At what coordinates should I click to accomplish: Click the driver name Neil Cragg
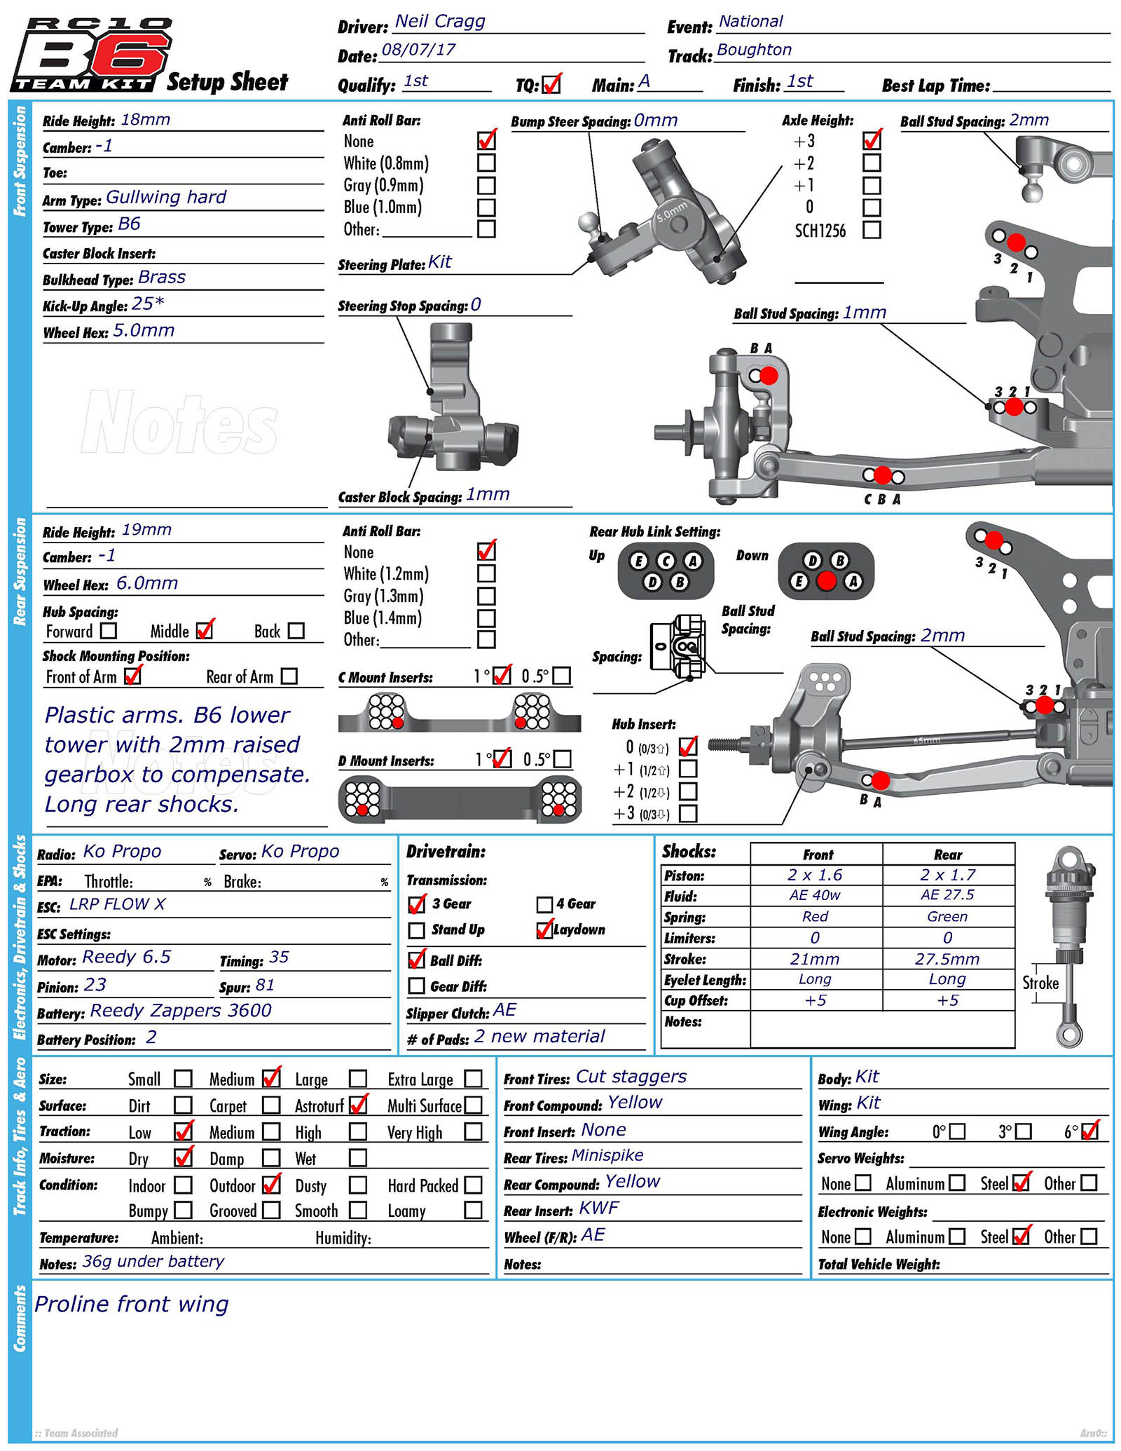pyautogui.click(x=440, y=22)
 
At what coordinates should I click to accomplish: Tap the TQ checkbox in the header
pyautogui.click(x=551, y=85)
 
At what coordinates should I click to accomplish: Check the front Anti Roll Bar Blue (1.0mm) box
pyautogui.click(x=486, y=207)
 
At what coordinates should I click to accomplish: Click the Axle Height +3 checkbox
pyautogui.click(x=872, y=141)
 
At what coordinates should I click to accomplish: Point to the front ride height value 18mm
pyautogui.click(x=146, y=120)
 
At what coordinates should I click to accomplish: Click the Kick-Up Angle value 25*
pyautogui.click(x=148, y=304)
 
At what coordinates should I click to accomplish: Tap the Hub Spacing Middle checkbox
pyautogui.click(x=205, y=631)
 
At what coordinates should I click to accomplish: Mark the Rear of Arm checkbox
pyautogui.click(x=289, y=676)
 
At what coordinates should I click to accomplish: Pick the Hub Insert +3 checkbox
pyautogui.click(x=688, y=814)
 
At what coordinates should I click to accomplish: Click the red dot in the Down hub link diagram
pyautogui.click(x=826, y=581)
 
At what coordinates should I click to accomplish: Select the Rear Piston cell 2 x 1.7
pyautogui.click(x=948, y=875)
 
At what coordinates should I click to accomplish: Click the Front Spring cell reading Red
pyautogui.click(x=815, y=916)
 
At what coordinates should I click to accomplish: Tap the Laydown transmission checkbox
pyautogui.click(x=544, y=930)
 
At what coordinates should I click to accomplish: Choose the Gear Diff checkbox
pyautogui.click(x=417, y=986)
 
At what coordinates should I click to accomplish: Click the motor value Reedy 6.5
pyautogui.click(x=126, y=958)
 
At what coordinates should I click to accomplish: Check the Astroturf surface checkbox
pyautogui.click(x=358, y=1105)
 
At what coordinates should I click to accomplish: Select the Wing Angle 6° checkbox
pyautogui.click(x=1089, y=1131)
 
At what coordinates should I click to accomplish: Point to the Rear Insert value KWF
pyautogui.click(x=598, y=1208)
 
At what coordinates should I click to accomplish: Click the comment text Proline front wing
pyautogui.click(x=132, y=1304)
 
